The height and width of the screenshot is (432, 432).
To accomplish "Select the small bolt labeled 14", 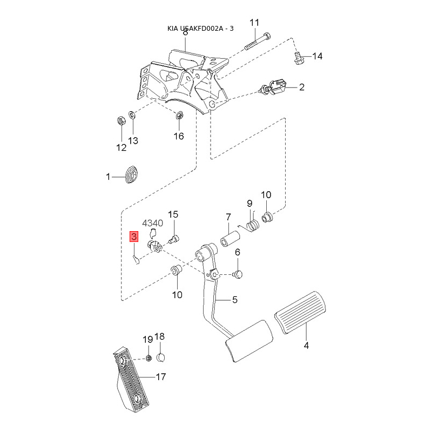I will [x=298, y=57].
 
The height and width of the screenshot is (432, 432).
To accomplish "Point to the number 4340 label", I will [x=152, y=223].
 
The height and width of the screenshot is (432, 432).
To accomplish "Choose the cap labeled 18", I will [x=161, y=357].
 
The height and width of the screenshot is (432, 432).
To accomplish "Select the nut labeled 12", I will [x=121, y=120].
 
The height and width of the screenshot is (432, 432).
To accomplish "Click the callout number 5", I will [x=235, y=300].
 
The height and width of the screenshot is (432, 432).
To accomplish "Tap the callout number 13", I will [x=133, y=140].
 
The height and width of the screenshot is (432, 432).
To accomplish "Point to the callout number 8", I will [x=185, y=32].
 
